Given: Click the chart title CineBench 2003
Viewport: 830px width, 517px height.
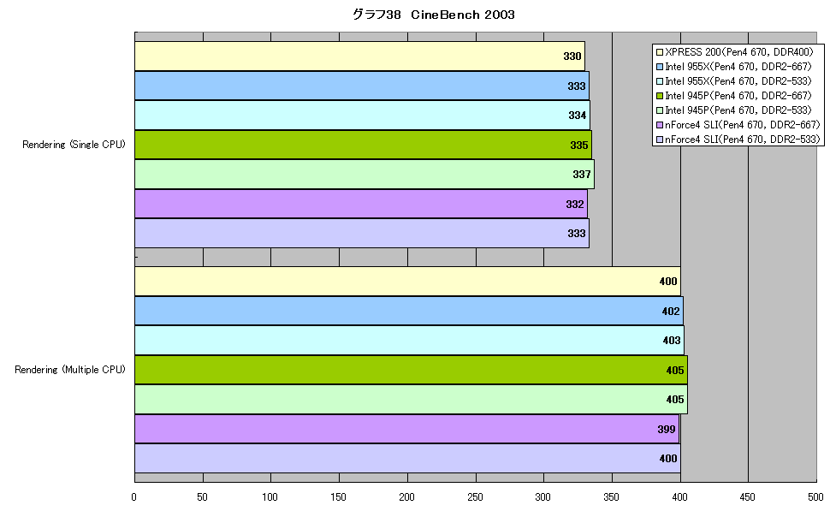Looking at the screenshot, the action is [x=434, y=15].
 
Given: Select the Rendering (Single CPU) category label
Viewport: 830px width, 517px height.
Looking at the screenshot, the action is [x=74, y=145].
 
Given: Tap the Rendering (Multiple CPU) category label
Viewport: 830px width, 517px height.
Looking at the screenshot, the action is [x=70, y=370].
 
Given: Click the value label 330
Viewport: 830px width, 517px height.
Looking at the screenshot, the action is [x=572, y=56].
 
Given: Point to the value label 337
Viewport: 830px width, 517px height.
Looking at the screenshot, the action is [x=582, y=175].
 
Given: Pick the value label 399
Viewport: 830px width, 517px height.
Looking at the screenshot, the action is [x=667, y=429].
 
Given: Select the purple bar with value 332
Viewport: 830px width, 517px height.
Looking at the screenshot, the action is [x=361, y=204].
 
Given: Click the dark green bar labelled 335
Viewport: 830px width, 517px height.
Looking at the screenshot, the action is [x=363, y=145].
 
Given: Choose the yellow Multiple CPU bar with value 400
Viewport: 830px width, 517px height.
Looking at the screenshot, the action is [x=407, y=282].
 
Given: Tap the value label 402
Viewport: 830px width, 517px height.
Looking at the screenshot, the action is [x=671, y=311].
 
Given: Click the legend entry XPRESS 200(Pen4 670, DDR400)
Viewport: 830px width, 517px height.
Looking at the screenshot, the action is [x=734, y=52].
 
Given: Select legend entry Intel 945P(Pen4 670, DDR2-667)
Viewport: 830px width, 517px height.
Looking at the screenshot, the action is [x=733, y=96].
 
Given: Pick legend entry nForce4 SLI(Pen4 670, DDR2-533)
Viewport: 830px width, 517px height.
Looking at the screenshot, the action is [x=738, y=140].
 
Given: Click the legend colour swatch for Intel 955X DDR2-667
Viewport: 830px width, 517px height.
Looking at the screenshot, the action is [x=660, y=67].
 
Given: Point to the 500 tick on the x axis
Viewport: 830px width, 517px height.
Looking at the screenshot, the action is [x=815, y=496].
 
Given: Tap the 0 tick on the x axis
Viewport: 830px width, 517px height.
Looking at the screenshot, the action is [x=134, y=496].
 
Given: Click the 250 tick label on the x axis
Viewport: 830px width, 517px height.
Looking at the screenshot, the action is [x=475, y=496].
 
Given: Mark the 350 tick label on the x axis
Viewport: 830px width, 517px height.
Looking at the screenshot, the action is [x=612, y=496].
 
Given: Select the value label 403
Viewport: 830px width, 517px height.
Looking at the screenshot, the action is [x=672, y=340].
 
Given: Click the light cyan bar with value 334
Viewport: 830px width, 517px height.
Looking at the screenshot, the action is [x=362, y=115].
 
